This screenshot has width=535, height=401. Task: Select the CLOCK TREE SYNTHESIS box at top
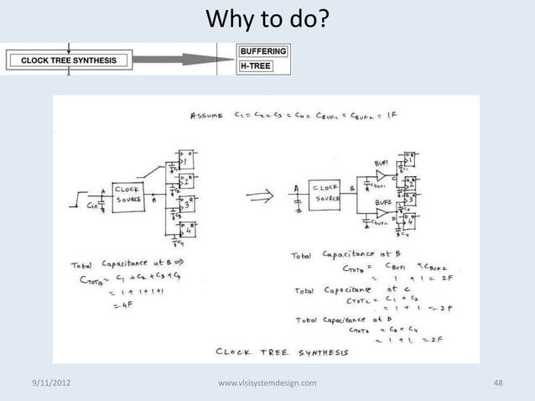69,60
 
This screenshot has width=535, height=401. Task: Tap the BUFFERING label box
263,51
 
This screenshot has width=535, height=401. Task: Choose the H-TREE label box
256,65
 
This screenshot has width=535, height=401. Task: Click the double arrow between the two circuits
257,199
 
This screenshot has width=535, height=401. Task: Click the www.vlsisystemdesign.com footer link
267,383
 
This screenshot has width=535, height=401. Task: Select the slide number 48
498,383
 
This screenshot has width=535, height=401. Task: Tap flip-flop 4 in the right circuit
410,221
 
